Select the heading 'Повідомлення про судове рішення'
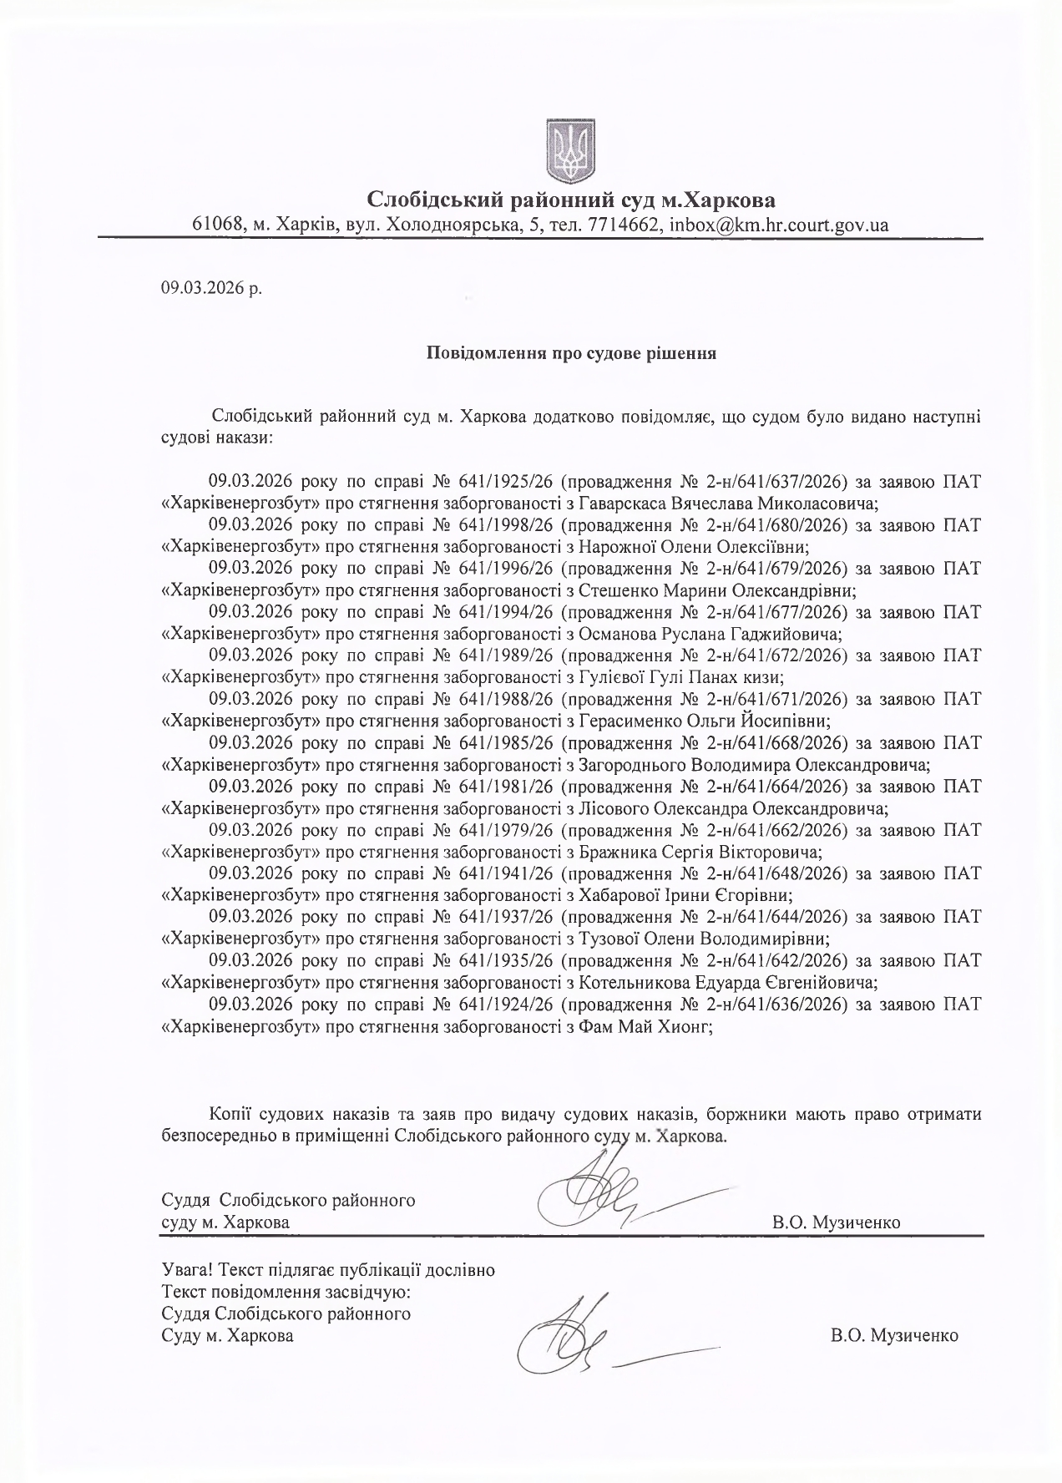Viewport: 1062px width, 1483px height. [x=572, y=352]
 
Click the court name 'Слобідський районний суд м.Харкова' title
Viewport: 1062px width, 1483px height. [x=571, y=200]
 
